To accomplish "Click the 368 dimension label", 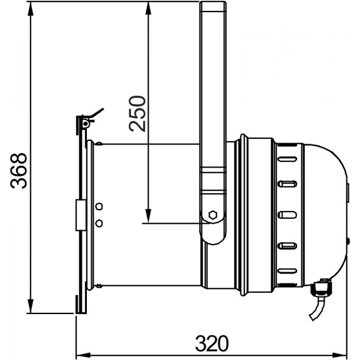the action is [x=19, y=171].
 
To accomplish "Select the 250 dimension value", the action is [x=137, y=114].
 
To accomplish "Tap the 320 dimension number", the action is [x=212, y=343].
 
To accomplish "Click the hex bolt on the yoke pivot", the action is [x=213, y=215].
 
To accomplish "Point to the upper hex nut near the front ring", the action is [x=99, y=207].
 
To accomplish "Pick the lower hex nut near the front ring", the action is [x=99, y=223].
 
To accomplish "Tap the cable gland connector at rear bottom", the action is [x=321, y=288].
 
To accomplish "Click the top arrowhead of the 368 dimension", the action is [x=30, y=9].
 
